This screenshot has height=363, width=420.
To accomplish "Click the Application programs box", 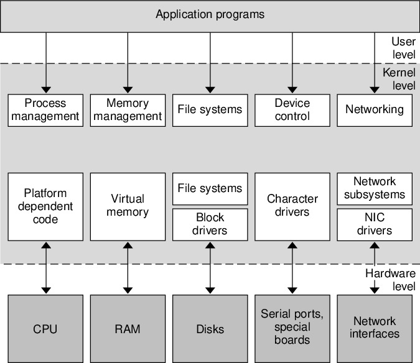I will pos(210,15).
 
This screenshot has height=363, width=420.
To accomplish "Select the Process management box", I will pos(45,109).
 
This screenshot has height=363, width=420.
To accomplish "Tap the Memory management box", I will pos(128,109).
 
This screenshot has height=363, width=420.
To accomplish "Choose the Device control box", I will pos(292,109).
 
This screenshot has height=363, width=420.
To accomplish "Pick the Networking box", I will pos(374,109).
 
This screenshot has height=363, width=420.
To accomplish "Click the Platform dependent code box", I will pos(45,206).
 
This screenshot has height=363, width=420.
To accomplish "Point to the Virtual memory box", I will pos(128,206).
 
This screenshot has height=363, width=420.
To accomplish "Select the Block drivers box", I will pos(210,224).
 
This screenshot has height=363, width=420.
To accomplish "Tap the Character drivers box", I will pos(292,206).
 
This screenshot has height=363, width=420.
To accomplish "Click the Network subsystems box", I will pos(374,188).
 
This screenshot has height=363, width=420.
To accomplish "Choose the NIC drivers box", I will pos(374,224).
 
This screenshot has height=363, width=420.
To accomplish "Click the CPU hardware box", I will pos(45,329).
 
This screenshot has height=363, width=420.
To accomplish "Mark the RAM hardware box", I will pos(128,329).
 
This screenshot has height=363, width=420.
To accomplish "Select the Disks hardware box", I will pos(210,329).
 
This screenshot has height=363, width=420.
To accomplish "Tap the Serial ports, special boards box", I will pos(292,329).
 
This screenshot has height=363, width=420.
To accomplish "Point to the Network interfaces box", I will pos(374,329).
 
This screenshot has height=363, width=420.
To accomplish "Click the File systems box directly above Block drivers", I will pos(210,188).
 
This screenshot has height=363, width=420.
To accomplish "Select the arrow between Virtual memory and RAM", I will pos(128,268).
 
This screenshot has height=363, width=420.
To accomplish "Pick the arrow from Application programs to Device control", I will pos(292,62).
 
